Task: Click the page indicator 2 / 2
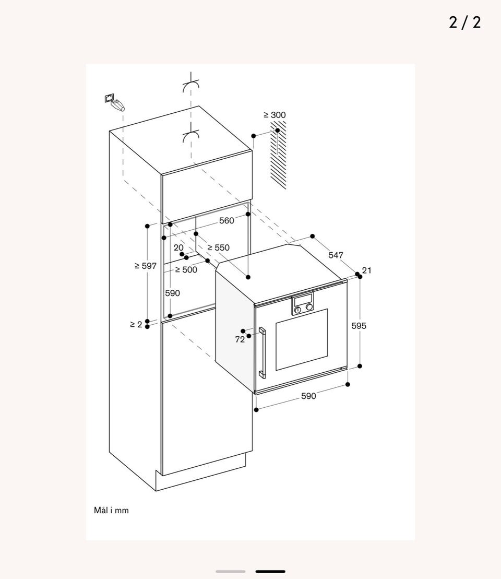click(465, 22)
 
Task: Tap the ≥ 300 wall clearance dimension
click(275, 115)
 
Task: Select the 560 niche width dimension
click(226, 220)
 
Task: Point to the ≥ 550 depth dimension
click(218, 247)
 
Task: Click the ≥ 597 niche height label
click(146, 266)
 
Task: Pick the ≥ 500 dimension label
click(186, 269)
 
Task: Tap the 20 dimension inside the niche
click(178, 247)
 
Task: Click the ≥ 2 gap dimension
click(136, 324)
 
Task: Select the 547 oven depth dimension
click(336, 255)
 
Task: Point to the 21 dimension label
click(366, 270)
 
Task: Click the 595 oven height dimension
click(359, 326)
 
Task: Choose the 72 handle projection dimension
click(240, 339)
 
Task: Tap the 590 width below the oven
click(308, 396)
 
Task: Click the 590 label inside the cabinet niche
click(172, 293)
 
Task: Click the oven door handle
click(262, 352)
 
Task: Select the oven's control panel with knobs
click(303, 303)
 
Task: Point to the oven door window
click(302, 339)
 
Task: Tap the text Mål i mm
click(111, 510)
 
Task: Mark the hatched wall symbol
click(278, 155)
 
